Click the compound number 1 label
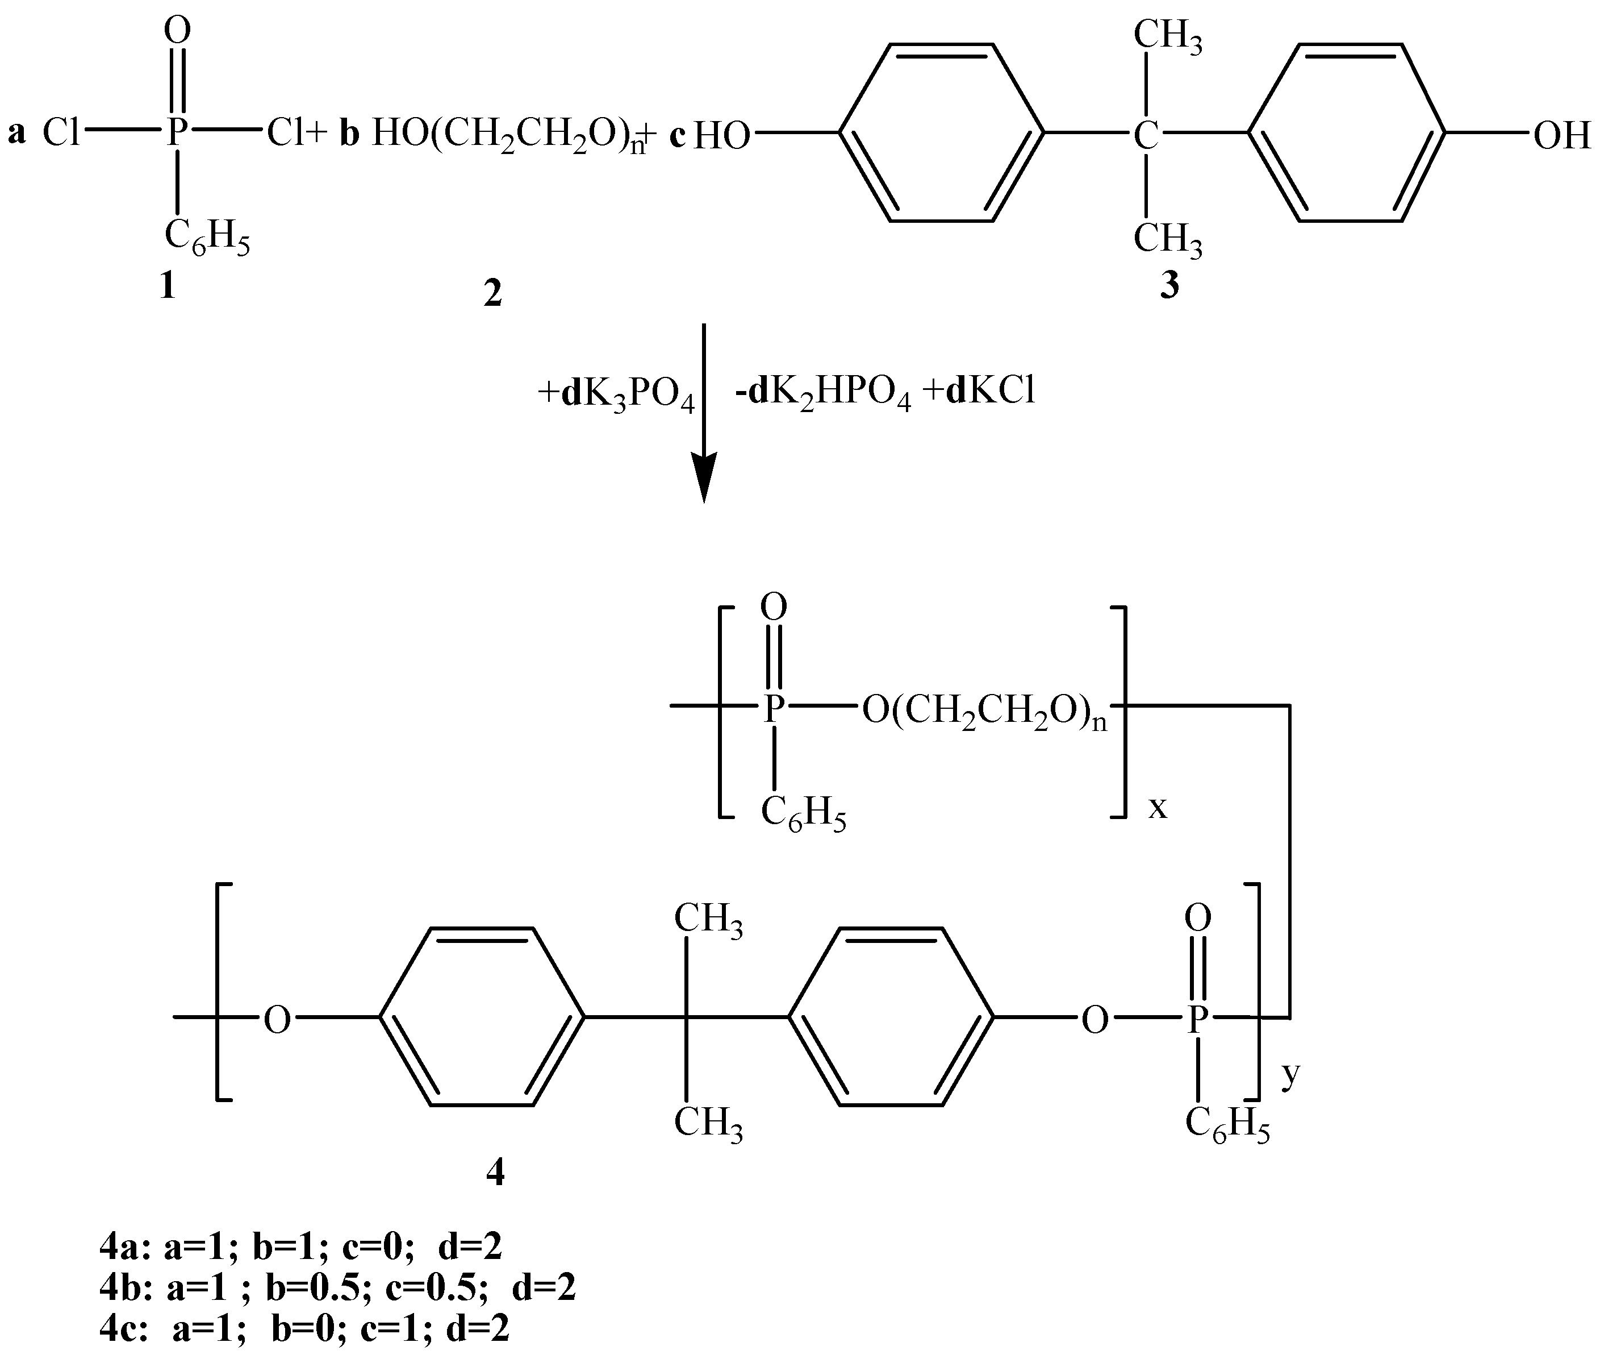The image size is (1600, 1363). [168, 288]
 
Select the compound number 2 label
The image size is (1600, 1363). [492, 294]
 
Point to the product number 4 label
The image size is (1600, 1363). [495, 1174]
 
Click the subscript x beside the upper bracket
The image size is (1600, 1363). [1158, 808]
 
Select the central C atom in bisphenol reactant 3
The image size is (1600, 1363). [1147, 136]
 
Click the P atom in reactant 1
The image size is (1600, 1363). [177, 133]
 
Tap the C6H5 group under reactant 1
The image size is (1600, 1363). [207, 236]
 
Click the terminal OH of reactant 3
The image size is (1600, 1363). [1561, 136]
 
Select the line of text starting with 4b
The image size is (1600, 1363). [337, 1287]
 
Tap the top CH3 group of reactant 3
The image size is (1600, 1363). [1168, 36]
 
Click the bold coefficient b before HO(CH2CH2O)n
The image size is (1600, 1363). [350, 135]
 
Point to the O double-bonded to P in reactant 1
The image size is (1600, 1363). [178, 31]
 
